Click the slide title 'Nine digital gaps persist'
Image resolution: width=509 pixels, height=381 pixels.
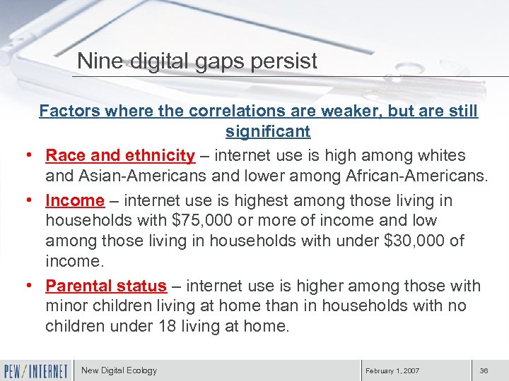[197, 61]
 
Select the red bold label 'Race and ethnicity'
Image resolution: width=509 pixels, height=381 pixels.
[120, 155]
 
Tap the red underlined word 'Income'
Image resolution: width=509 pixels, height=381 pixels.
[75, 200]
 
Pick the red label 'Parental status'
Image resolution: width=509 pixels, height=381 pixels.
[106, 286]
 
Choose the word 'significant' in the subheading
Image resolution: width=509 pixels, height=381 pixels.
[268, 131]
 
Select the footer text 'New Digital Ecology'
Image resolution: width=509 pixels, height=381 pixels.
[119, 370]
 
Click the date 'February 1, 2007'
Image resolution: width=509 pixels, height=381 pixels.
[392, 370]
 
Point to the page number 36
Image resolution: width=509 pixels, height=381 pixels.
[484, 370]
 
